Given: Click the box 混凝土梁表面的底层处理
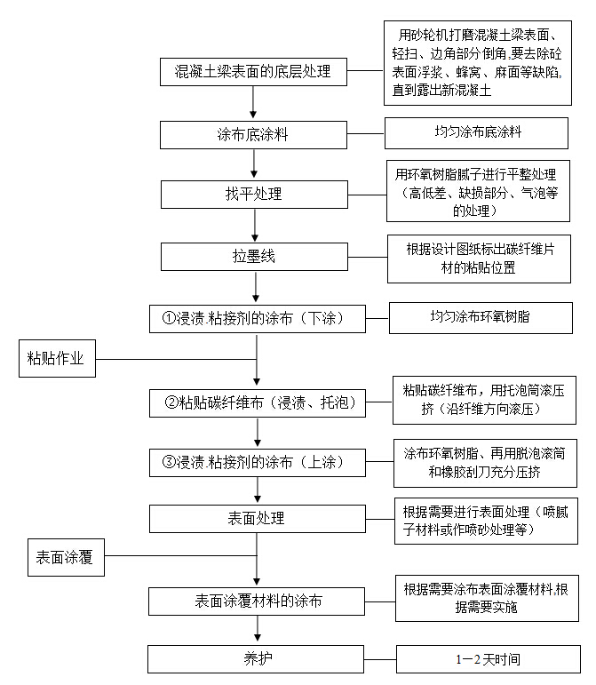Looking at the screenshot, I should tap(254, 72).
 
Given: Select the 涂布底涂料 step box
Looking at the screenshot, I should tap(254, 134).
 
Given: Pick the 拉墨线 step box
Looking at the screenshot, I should tap(255, 256).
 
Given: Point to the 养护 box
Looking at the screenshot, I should tap(257, 658).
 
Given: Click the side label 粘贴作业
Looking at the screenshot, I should tap(55, 358).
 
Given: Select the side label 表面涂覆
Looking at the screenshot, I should tap(65, 558).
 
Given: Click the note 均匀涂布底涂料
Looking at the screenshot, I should tap(477, 132).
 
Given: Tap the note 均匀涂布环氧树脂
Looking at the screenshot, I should tap(481, 316).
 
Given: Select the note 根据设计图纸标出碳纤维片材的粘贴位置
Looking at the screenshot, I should tap(478, 258).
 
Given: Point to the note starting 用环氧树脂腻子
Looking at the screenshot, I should tap(479, 191).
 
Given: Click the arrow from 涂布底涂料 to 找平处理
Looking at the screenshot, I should tap(255, 163).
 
